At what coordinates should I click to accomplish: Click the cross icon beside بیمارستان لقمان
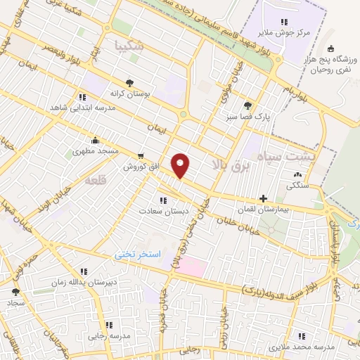264,199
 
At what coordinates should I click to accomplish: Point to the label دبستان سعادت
160,210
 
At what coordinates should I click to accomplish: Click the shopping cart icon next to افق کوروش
141,156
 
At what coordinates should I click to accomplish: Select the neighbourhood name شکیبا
129,46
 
